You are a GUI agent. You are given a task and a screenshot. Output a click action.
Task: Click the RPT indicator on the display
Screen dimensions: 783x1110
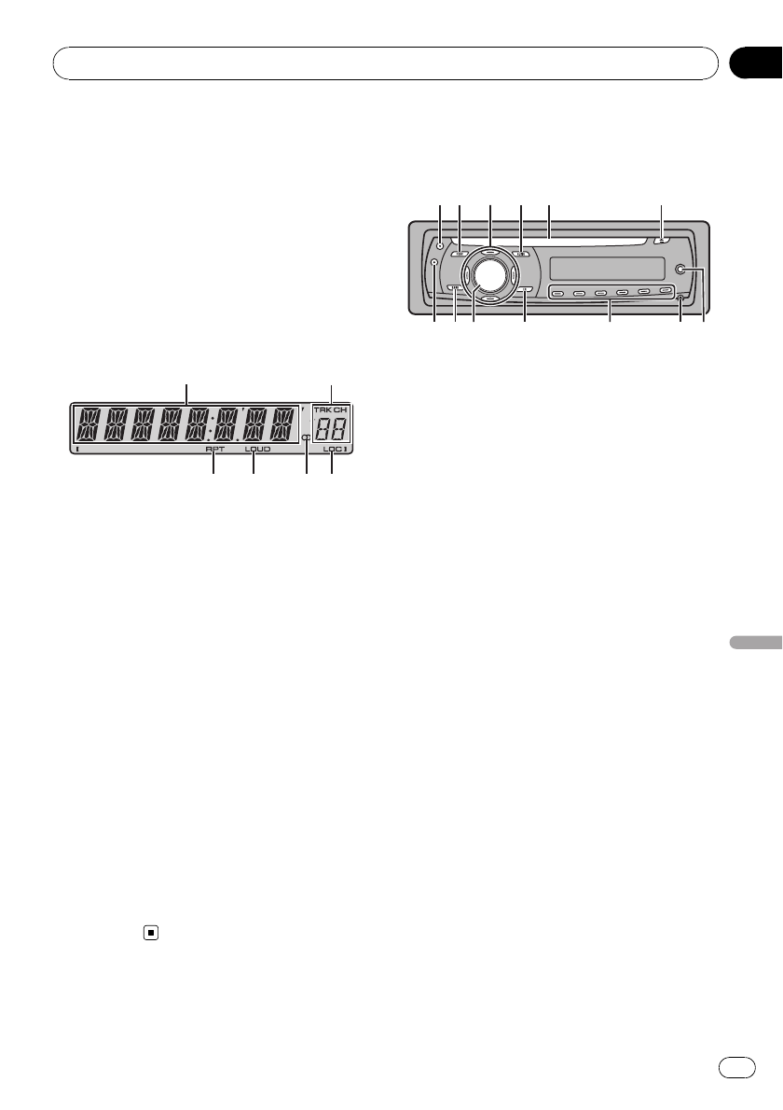(x=215, y=450)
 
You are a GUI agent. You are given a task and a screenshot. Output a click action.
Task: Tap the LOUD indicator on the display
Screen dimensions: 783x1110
(x=257, y=450)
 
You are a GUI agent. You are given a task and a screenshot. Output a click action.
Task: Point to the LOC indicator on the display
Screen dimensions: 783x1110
(x=332, y=450)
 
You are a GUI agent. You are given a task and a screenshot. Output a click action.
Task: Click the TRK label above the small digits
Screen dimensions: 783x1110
(x=323, y=410)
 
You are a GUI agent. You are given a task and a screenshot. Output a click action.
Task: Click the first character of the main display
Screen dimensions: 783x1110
(x=89, y=426)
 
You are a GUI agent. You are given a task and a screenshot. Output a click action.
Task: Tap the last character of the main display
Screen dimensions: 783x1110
(x=281, y=426)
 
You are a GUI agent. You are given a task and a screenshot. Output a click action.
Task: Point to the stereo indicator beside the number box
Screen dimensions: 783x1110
(x=306, y=438)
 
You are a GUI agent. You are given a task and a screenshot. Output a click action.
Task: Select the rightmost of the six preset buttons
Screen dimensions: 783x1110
(x=666, y=291)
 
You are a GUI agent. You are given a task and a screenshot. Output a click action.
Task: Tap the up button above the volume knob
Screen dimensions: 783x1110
(x=490, y=249)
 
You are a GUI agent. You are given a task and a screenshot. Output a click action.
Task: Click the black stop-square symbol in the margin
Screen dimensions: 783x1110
(x=149, y=933)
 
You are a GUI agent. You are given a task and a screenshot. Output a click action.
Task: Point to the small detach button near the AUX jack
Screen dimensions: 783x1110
(x=680, y=298)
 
